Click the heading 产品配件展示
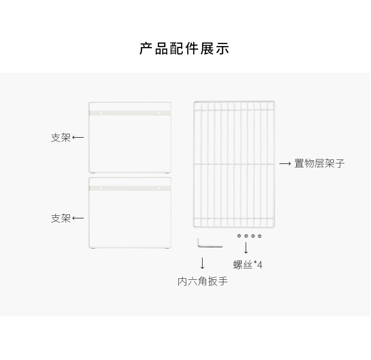click(x=184, y=49)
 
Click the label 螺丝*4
click(x=248, y=265)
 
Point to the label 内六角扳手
click(x=203, y=281)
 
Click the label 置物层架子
click(x=319, y=163)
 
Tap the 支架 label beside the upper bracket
click(x=60, y=138)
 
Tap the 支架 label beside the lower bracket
click(x=60, y=218)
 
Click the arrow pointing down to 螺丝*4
click(x=246, y=248)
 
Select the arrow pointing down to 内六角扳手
click(x=202, y=262)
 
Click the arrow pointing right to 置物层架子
click(x=285, y=163)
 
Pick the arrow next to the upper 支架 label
click(x=78, y=138)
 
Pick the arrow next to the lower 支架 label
click(x=78, y=218)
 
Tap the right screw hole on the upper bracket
click(x=159, y=113)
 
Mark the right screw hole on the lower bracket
click(x=159, y=188)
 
